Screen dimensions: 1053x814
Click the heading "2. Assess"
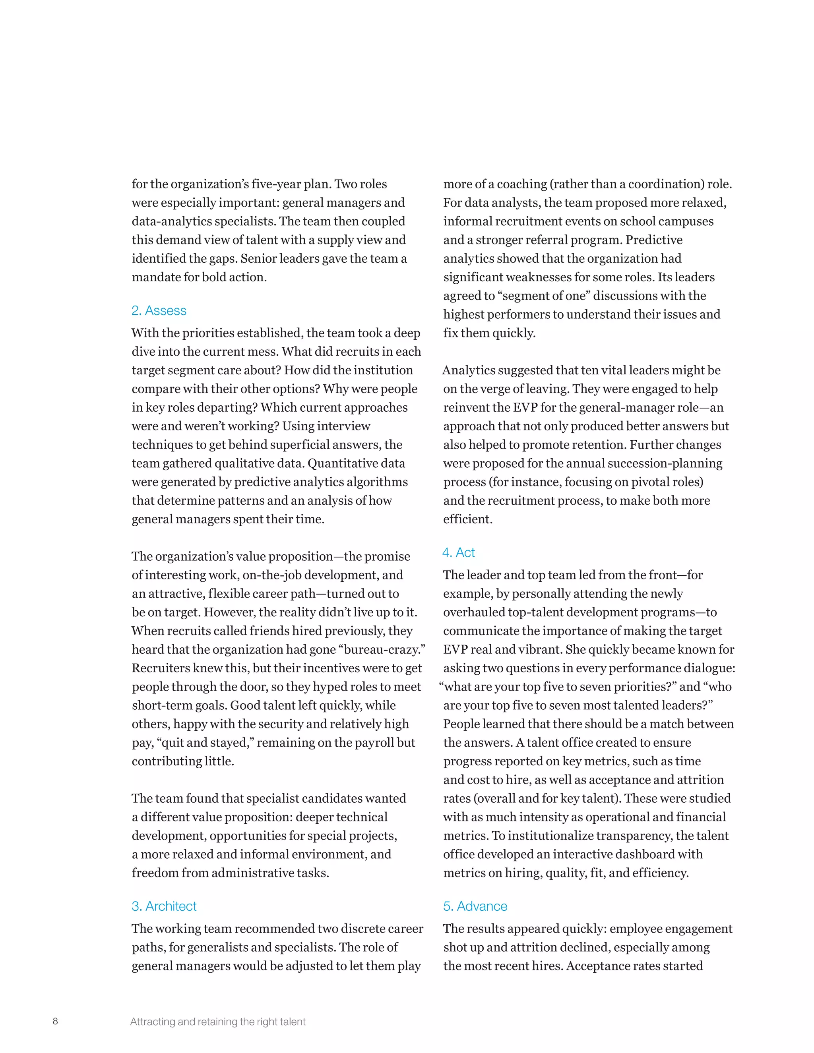pos(159,310)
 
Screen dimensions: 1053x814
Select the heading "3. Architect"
pos(164,906)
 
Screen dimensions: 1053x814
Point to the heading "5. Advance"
pos(475,906)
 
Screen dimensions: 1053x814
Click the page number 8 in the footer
pos(56,1021)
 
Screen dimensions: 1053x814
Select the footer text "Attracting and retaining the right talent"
pos(217,1022)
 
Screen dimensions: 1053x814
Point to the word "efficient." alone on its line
pos(468,519)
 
